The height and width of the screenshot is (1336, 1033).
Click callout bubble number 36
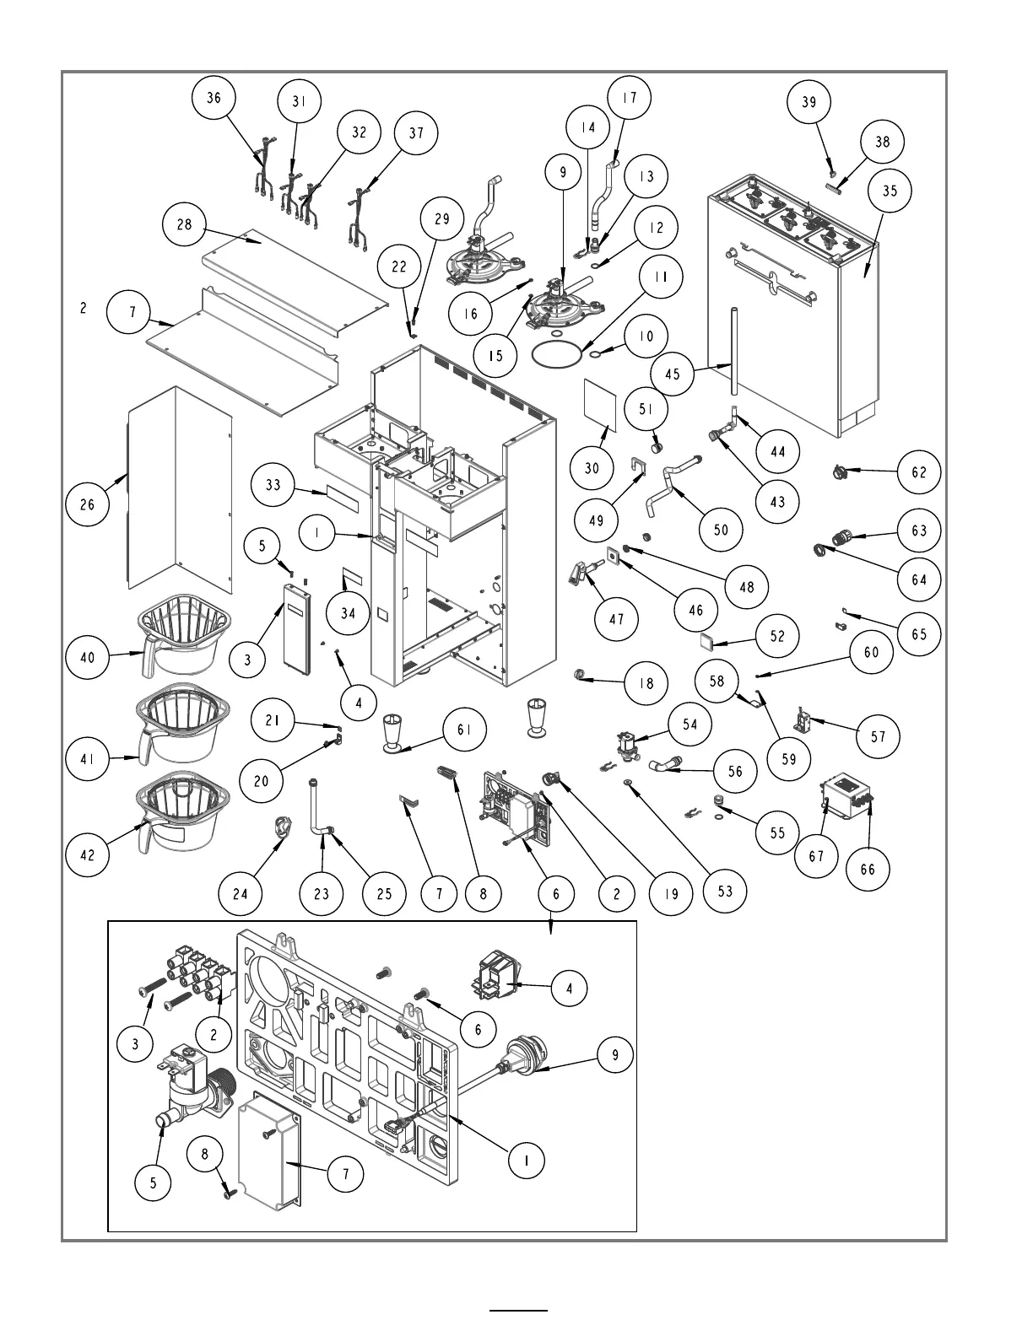click(x=214, y=98)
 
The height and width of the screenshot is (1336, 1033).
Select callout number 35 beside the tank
click(x=890, y=191)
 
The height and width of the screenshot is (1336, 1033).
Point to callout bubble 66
click(x=868, y=870)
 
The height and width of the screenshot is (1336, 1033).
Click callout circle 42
click(x=88, y=854)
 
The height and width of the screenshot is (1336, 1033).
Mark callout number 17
click(x=630, y=98)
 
